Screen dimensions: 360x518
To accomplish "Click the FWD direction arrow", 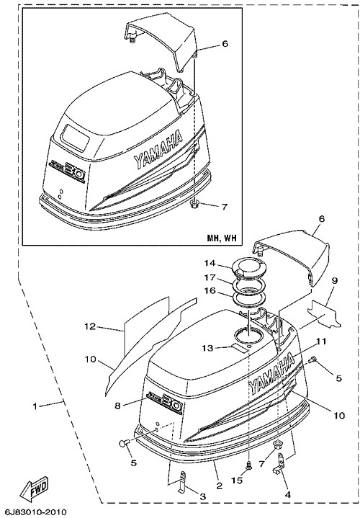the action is click(34, 489).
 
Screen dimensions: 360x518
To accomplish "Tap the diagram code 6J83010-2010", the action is click(34, 512).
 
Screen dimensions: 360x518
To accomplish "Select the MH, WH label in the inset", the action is click(222, 238).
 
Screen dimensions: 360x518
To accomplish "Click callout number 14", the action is click(210, 263).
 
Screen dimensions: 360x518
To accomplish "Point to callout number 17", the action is click(210, 277).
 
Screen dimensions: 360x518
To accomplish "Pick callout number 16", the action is click(210, 291).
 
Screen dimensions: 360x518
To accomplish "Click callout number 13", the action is click(209, 348).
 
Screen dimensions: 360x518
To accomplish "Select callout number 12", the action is click(89, 326).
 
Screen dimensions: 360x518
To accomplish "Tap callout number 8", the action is click(117, 406).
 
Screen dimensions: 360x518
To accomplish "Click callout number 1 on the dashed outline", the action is click(35, 406).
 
